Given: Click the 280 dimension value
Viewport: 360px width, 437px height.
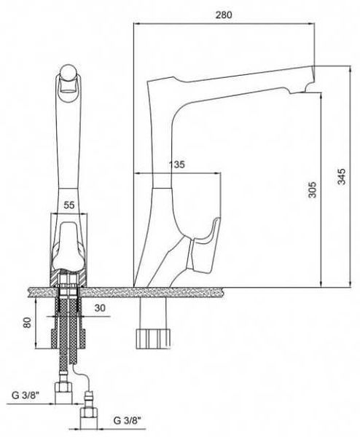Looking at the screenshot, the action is [224, 15].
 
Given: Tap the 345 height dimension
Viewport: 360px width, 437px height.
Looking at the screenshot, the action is [341, 176].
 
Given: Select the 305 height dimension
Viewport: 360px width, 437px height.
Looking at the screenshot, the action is [313, 190].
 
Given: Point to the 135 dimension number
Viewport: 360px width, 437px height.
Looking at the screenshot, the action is [177, 164].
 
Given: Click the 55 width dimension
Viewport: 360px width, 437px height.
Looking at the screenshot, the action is [69, 205].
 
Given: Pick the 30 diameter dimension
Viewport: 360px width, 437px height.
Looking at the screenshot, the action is [100, 308].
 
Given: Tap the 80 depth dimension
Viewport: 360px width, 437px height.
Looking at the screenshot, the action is [27, 323].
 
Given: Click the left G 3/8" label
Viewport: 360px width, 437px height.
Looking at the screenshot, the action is [26, 395].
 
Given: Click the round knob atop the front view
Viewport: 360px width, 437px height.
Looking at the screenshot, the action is [69, 72].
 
